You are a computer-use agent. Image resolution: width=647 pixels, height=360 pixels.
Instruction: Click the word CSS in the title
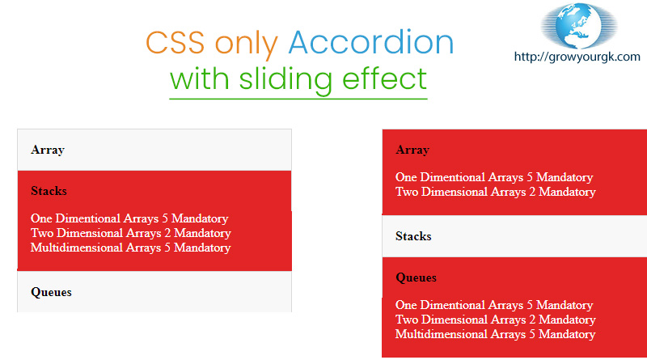coord(175,43)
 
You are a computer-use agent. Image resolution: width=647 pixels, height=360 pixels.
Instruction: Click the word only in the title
coord(247,44)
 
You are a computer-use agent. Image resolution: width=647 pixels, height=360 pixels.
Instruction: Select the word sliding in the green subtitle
coord(285,78)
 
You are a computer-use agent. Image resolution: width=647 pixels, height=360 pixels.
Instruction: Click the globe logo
coord(579,26)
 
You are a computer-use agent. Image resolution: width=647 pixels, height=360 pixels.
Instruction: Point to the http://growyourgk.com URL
coord(577,57)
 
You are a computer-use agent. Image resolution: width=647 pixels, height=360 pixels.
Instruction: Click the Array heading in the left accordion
coord(48,150)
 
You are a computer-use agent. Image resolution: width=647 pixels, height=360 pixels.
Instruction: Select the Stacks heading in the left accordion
coord(49,191)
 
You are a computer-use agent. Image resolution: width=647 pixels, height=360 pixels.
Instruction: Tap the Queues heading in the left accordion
coord(51,292)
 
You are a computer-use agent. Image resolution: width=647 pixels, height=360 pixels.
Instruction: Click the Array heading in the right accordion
coord(412,150)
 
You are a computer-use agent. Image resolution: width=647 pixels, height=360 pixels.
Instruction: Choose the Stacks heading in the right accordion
coord(413,236)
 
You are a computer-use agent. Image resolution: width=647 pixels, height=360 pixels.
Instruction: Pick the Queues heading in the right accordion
coord(416,277)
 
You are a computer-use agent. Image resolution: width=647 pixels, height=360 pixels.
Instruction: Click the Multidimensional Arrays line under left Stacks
coord(130,248)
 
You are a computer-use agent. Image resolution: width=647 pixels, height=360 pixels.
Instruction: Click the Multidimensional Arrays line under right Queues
coord(495,334)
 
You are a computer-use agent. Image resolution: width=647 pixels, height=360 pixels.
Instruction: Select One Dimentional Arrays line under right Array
coord(494,177)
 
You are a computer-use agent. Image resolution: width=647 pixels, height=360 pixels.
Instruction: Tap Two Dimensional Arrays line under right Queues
coord(495,320)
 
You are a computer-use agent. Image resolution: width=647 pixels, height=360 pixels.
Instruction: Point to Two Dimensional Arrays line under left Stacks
coord(130,233)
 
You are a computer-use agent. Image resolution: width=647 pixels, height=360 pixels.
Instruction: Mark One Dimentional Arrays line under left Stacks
coord(129,218)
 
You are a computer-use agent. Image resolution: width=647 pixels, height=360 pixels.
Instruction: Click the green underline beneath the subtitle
coord(298,99)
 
